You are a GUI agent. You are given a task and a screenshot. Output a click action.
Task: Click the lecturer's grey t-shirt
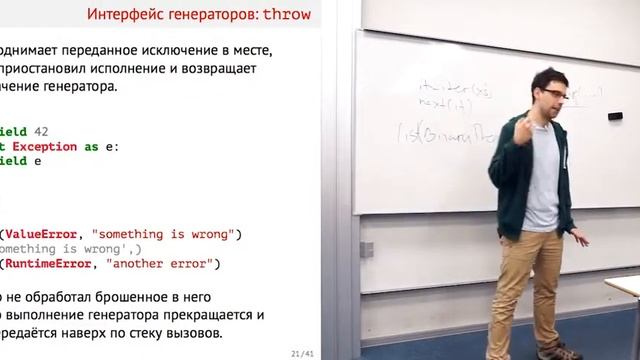tap(546, 190)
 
